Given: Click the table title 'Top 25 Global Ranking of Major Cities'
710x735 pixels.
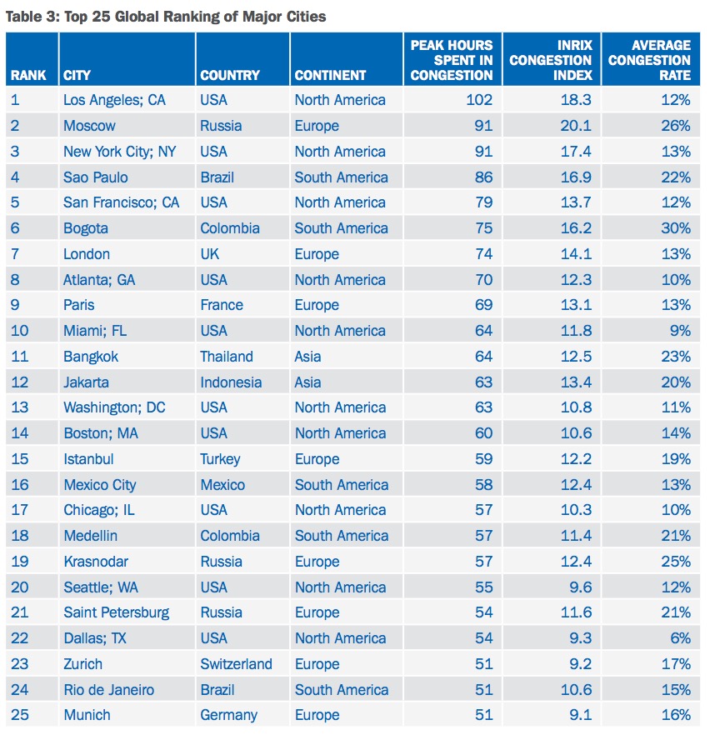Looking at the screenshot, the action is coord(195,17).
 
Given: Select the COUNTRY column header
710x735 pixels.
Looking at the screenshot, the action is coord(230,75).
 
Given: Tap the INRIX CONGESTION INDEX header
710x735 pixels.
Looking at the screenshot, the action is coord(551,60).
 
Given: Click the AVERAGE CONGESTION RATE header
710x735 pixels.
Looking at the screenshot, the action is coord(649,60).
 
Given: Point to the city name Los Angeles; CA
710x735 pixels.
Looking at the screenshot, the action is coord(114,100).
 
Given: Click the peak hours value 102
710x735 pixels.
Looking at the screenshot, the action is coord(479,100).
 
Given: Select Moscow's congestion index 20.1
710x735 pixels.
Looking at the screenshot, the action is coord(576,126).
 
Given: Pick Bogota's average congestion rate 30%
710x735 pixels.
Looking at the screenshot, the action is coord(676,228).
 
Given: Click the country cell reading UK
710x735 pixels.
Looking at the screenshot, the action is coord(209,254).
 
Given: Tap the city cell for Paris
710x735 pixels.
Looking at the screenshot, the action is coord(78,305).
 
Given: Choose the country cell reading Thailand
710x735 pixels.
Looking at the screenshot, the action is coord(227,357).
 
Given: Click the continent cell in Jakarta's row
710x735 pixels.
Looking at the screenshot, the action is coord(307,382).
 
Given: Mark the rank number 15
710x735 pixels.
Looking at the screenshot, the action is coord(20,459).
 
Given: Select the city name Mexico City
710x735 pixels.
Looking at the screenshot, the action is coord(100,485).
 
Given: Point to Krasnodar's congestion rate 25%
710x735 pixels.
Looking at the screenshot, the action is coord(676,562).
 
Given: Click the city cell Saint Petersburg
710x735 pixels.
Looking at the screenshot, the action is coord(116,613).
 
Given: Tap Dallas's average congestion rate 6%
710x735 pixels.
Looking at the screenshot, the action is coord(681,638).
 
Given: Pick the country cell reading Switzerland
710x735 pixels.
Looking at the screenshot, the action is coord(236,664).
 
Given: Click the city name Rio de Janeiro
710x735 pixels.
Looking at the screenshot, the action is coord(108,690).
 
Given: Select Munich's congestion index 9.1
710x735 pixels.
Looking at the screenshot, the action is coord(580,715).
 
